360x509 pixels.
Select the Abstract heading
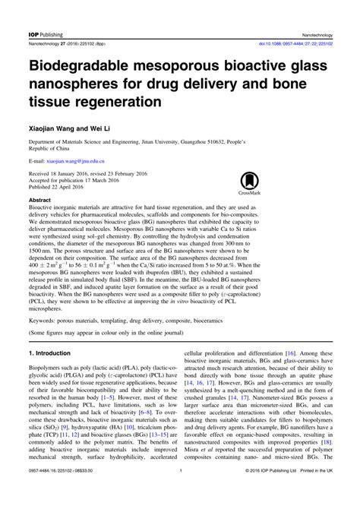(39, 201)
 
